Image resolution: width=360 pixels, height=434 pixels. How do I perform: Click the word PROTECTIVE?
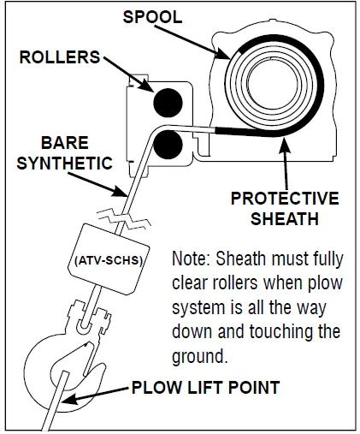[x=283, y=199]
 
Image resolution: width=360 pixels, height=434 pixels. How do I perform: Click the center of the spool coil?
[x=274, y=84]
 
